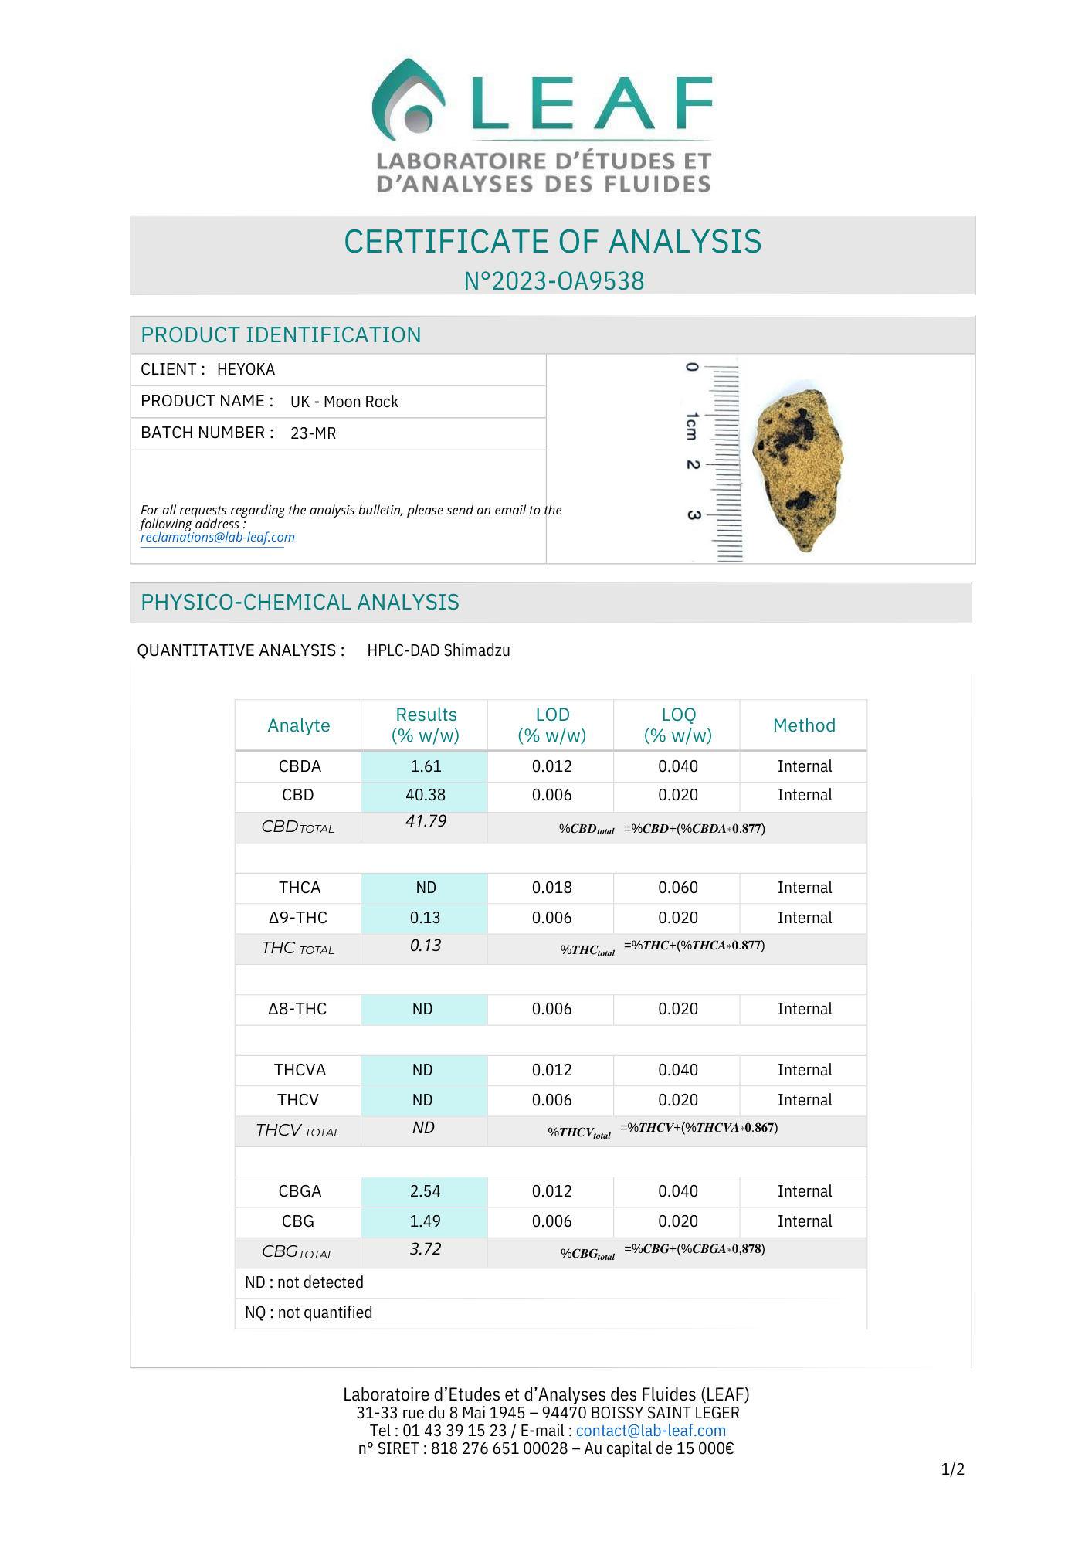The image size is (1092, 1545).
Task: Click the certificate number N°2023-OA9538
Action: tap(554, 281)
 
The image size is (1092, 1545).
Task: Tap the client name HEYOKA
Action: tap(246, 369)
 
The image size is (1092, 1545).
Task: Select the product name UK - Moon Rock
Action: tap(344, 402)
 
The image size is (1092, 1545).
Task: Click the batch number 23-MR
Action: tap(313, 433)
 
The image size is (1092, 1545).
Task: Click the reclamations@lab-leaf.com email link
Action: tap(217, 538)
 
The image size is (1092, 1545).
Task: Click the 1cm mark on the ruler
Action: tap(692, 426)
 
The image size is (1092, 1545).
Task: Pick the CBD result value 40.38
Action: tap(426, 795)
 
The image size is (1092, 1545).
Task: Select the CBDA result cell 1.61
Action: tap(426, 766)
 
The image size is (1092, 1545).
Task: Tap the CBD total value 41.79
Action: tap(426, 821)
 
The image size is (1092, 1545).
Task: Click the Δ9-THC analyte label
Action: tap(298, 918)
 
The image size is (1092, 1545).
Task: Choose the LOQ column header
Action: tap(678, 725)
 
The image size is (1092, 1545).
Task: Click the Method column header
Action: tap(804, 725)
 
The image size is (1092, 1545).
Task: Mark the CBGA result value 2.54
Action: tap(426, 1191)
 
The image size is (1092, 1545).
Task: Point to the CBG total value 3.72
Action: tap(426, 1249)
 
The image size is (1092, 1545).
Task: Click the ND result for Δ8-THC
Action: tap(422, 1009)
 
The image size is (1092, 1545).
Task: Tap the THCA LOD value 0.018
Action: tap(552, 888)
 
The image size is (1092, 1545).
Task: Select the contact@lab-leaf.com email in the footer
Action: tap(650, 1431)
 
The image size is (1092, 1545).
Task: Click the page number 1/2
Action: tap(952, 1469)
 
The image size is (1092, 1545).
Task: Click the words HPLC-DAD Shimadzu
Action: tap(438, 650)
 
